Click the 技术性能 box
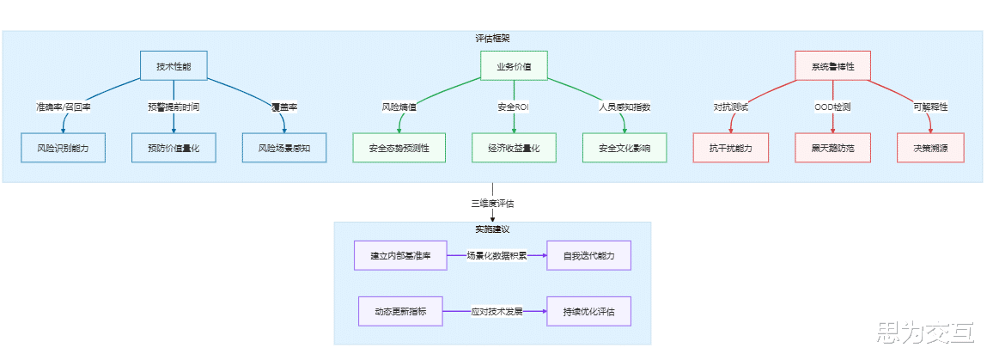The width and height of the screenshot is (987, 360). click(x=174, y=66)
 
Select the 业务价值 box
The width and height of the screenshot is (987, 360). click(x=514, y=66)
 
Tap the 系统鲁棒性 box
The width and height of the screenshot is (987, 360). click(x=832, y=66)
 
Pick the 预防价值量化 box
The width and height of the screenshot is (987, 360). click(x=174, y=148)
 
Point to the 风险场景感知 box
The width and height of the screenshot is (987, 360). click(x=284, y=148)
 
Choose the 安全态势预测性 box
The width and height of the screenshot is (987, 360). click(x=399, y=148)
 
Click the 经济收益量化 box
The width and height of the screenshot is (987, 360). click(x=514, y=148)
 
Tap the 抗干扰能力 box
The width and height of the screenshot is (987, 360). click(x=731, y=148)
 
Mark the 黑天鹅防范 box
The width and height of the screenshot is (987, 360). click(x=832, y=148)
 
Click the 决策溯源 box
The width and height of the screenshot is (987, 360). click(x=930, y=148)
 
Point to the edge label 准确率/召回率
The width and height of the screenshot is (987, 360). click(x=63, y=107)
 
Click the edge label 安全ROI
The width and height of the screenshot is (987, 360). click(x=514, y=107)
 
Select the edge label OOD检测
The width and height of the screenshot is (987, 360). click(x=832, y=107)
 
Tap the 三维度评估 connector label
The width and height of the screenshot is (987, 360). click(x=492, y=204)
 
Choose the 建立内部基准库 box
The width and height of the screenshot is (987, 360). click(x=400, y=256)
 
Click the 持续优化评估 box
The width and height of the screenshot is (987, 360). click(x=589, y=311)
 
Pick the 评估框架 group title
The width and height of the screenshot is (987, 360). click(x=492, y=39)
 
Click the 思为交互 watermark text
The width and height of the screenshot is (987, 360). click(x=923, y=332)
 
